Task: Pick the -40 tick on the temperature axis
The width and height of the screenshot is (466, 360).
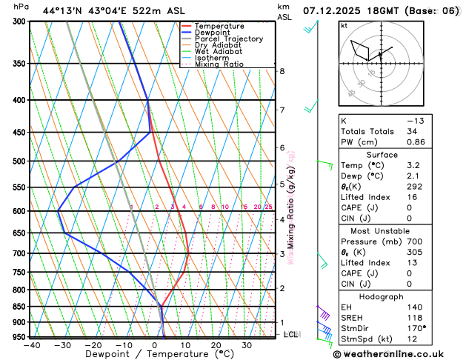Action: pos(31,345)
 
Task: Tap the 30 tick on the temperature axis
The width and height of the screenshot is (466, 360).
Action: pos(247,345)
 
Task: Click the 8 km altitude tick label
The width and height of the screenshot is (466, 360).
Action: pos(282,71)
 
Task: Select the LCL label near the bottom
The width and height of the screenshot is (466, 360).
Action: pos(292,334)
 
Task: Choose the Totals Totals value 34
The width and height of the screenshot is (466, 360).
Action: pos(412,131)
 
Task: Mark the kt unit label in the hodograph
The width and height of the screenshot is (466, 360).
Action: pos(344,26)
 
